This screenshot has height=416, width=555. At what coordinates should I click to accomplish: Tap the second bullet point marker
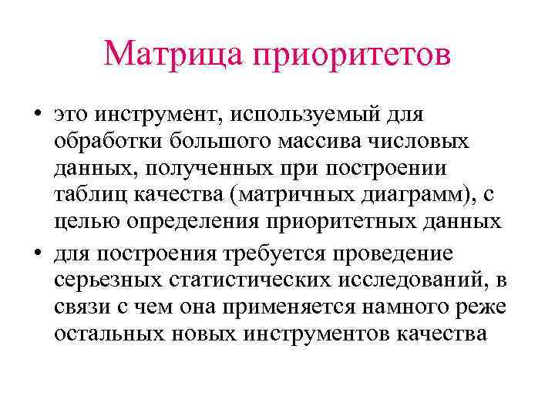pos(36,254)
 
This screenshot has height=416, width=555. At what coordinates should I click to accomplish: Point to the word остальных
pos(108,337)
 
